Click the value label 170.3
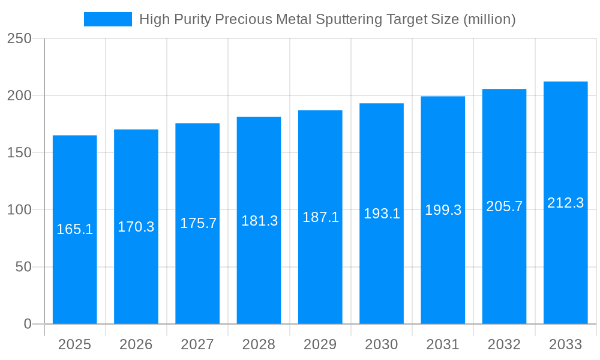136,227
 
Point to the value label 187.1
320,217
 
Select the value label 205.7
504,206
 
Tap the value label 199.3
443,210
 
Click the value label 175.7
198,223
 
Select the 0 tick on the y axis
27,324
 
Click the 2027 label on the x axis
197,344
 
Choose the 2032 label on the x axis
504,344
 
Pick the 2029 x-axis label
320,344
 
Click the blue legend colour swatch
108,19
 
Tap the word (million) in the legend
489,19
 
